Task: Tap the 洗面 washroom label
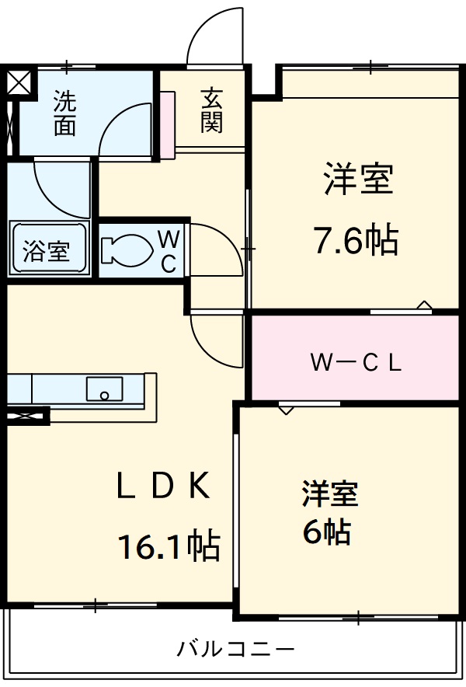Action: [64, 113]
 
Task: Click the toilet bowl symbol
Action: [126, 249]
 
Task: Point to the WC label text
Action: [169, 250]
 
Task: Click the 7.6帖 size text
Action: [356, 241]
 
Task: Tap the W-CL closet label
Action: [356, 363]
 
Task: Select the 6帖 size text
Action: [326, 532]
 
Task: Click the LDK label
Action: [163, 487]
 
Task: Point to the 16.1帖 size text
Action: [169, 547]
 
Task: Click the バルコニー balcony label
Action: [235, 647]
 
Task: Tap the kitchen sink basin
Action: [104, 388]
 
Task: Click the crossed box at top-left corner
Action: [20, 82]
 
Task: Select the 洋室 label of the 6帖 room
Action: [330, 494]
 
